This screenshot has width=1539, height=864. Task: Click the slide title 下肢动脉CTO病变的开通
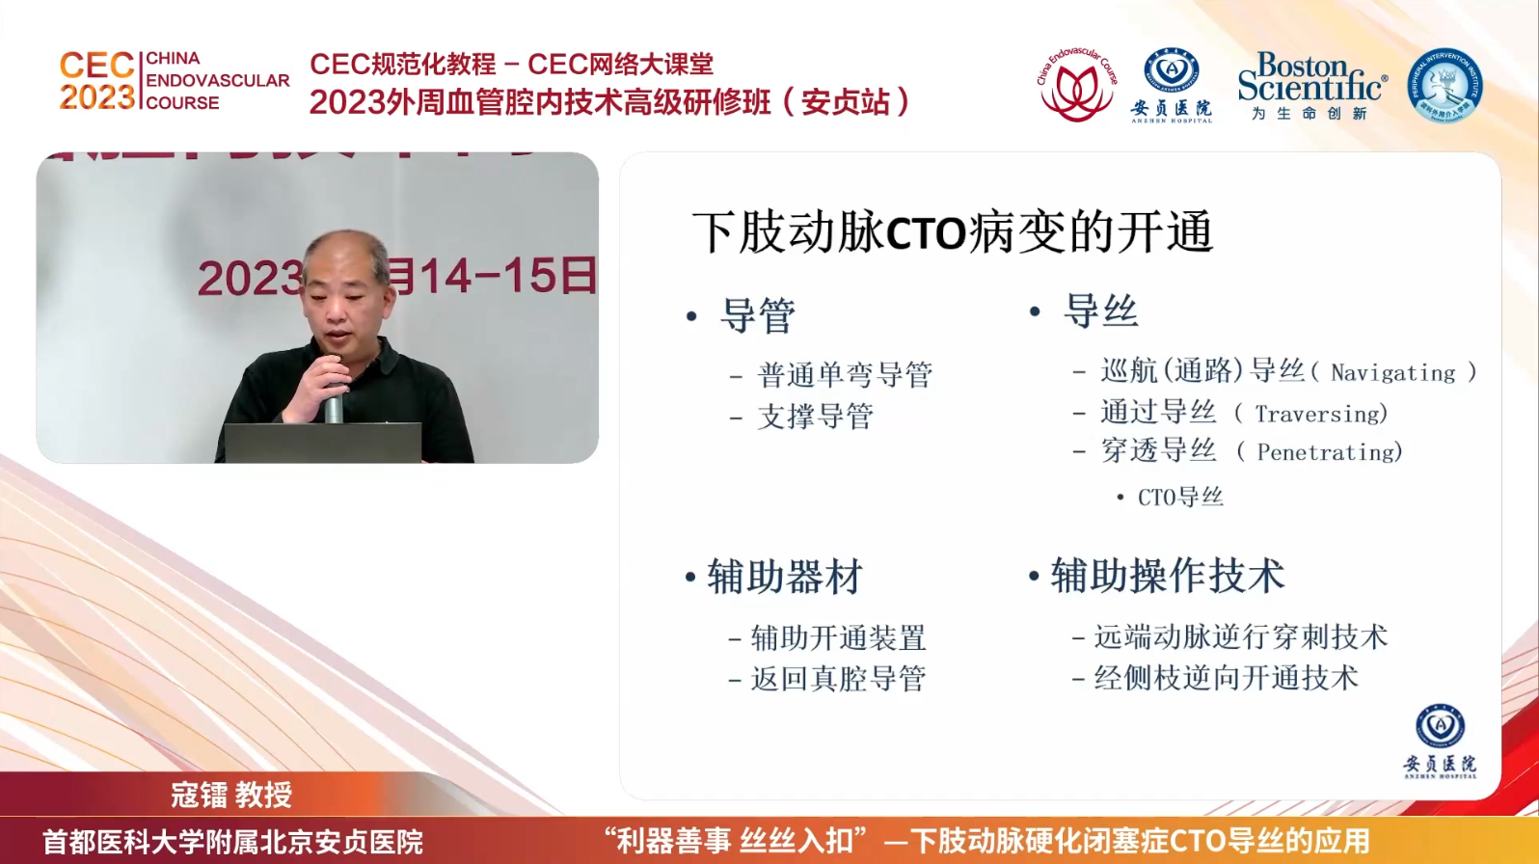tap(952, 232)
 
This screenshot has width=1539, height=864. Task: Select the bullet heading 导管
tap(757, 316)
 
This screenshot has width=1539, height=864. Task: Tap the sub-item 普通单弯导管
tap(845, 374)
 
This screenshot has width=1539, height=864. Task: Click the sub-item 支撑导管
tap(816, 417)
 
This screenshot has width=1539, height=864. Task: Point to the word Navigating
tap(1392, 373)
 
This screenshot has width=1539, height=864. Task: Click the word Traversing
tap(1320, 414)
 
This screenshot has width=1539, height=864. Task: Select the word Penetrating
tap(1329, 452)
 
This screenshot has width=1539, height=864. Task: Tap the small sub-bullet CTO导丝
tap(1180, 498)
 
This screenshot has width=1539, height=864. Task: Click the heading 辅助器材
tap(784, 577)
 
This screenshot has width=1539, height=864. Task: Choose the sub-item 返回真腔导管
tap(838, 679)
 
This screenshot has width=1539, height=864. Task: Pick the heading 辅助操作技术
tap(1167, 576)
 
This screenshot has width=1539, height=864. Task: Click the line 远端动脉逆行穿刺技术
tap(1240, 636)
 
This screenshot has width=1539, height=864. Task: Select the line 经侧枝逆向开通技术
tap(1226, 678)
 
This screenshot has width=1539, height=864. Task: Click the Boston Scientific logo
tap(1310, 85)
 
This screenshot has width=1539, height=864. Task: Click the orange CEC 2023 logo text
tap(96, 81)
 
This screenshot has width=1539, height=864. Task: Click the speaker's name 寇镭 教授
tap(231, 795)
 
